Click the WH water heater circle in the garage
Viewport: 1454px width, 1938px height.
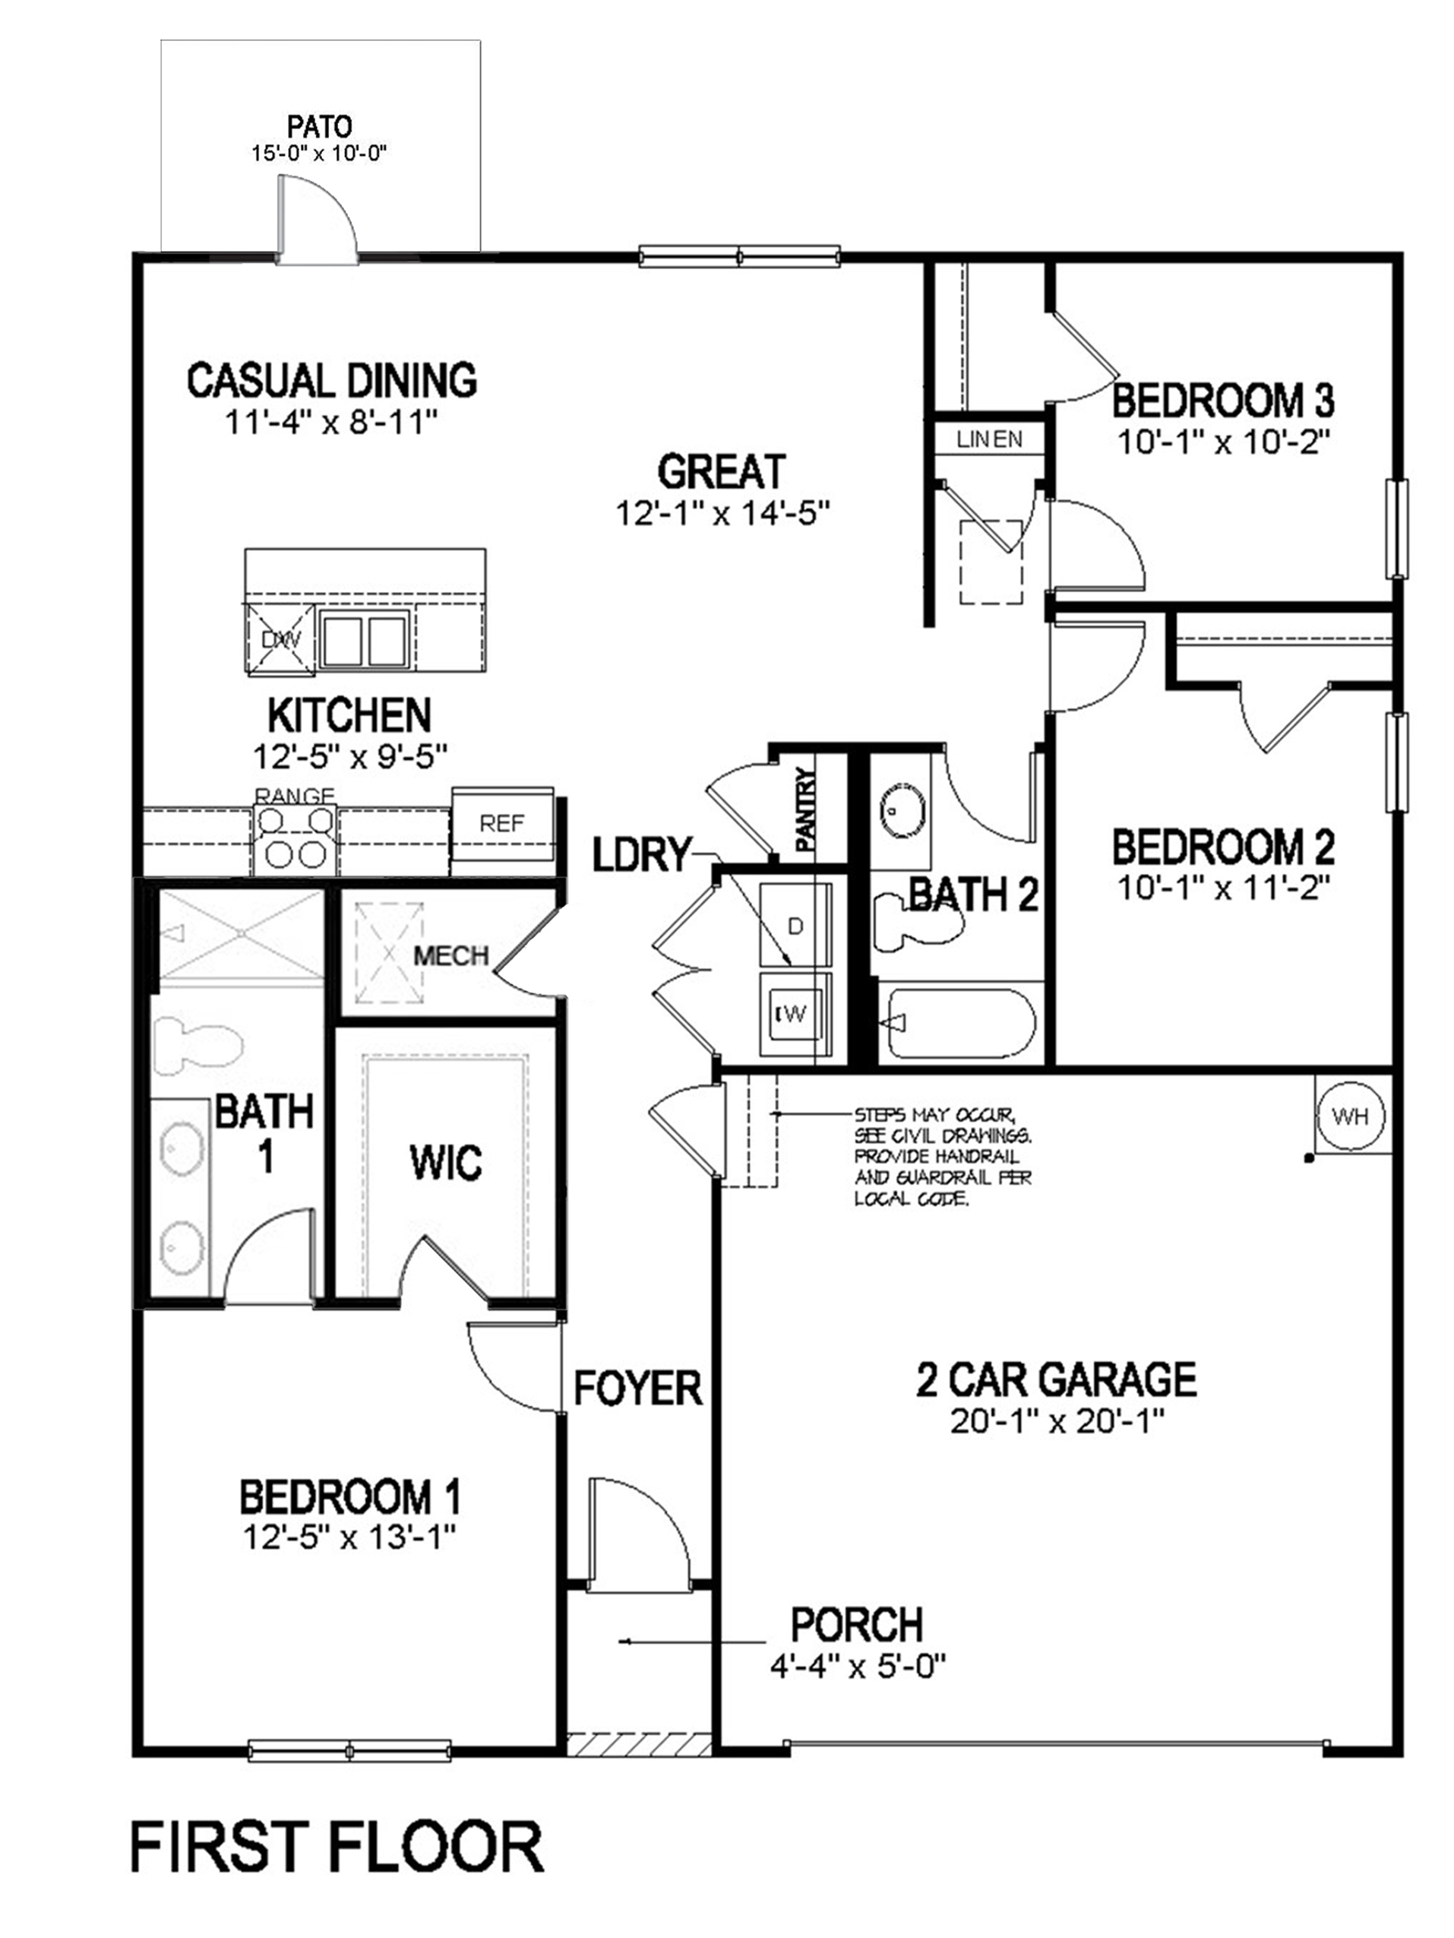[x=1351, y=1116]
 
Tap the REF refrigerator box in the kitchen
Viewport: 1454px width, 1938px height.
[x=503, y=824]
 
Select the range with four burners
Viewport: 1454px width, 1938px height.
[x=294, y=838]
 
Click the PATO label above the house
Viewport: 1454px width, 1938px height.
[x=319, y=128]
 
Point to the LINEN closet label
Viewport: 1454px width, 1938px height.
[x=990, y=440]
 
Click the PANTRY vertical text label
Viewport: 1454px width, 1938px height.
[x=806, y=809]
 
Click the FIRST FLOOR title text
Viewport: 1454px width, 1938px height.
[x=337, y=1848]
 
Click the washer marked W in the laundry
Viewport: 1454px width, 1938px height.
[x=794, y=1015]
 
